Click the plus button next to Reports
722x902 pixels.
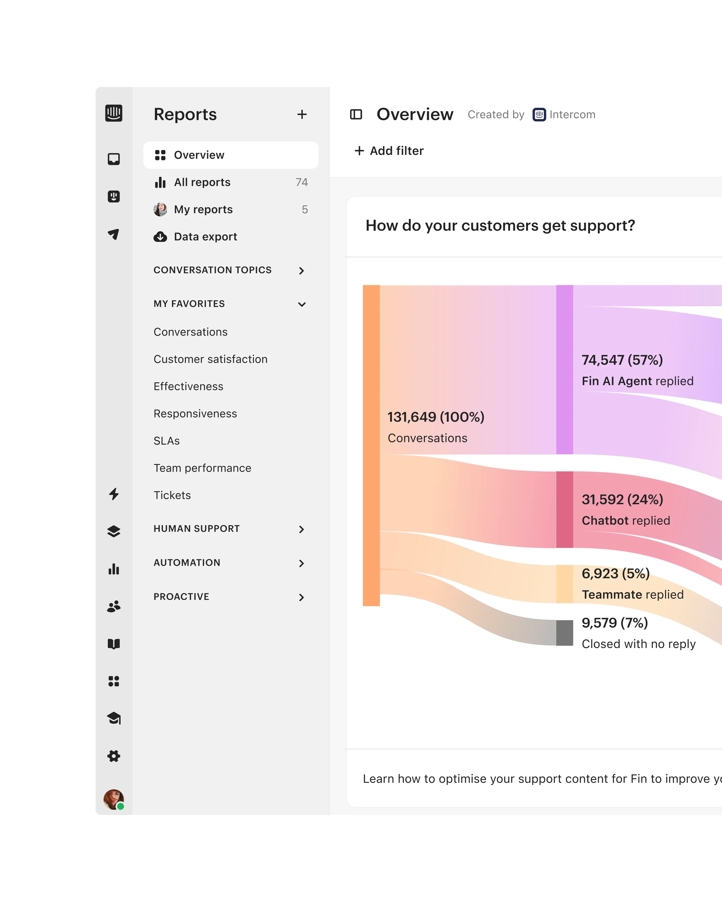302,114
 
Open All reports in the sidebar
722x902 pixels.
202,183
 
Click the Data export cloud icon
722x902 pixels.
160,237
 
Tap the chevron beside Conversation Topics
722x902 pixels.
301,271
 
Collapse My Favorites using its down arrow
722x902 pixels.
301,304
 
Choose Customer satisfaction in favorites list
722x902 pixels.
210,359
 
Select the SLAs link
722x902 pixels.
167,440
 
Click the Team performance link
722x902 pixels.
202,468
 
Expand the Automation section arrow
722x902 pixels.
301,563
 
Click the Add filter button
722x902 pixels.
389,151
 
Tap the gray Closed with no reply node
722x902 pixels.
564,633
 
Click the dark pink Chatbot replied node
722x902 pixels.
564,509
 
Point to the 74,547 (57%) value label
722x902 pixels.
622,360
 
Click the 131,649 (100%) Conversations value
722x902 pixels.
436,417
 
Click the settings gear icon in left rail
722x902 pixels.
114,756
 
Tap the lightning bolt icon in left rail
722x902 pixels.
114,494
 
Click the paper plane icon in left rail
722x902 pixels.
114,234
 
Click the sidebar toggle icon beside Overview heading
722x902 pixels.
356,114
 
